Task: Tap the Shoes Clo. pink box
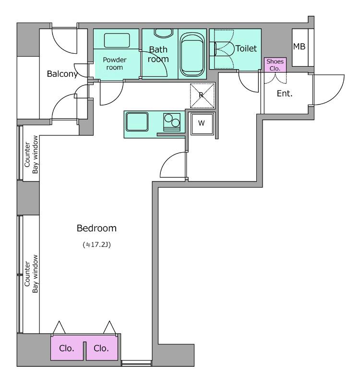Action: (276, 65)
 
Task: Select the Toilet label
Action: (246, 48)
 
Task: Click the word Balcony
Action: (62, 74)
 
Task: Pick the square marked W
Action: (202, 123)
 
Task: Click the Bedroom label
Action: (97, 228)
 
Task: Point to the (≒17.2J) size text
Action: (97, 244)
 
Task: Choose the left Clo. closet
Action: (67, 349)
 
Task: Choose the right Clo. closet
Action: (102, 349)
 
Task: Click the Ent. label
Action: (285, 94)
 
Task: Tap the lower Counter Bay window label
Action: (32, 277)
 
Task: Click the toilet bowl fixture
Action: (223, 48)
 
